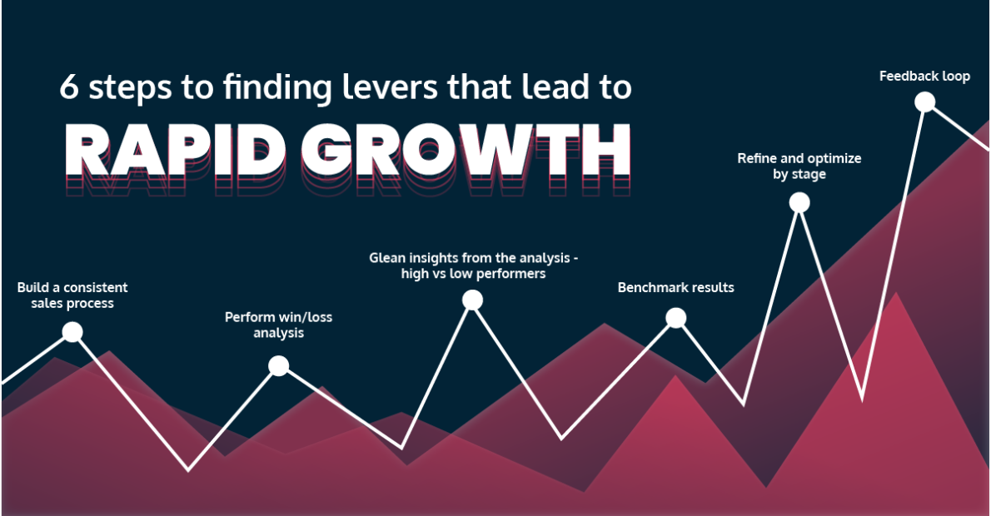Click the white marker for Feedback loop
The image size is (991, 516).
coord(924,102)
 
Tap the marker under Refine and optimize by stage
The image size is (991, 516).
coord(799,202)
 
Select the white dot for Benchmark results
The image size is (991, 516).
coord(676,317)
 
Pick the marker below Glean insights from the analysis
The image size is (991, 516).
coord(472,300)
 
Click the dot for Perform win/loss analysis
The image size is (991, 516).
coord(279,365)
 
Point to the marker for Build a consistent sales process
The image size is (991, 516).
coord(72,332)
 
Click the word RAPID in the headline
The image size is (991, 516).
coord(175,151)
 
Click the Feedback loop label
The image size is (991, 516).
coord(924,77)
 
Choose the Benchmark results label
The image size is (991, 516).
coord(675,288)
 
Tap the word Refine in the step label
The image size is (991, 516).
coord(756,158)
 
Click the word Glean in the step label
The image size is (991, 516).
coord(387,258)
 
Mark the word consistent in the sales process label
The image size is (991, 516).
coord(97,288)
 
